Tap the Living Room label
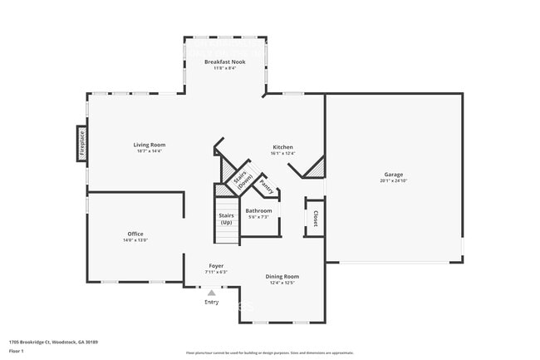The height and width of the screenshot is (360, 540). point(150,145)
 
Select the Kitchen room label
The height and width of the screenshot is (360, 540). point(282,147)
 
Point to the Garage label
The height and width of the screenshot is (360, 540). point(393,175)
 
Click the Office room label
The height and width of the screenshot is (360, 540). point(135,234)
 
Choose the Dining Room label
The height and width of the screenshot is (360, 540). point(282,276)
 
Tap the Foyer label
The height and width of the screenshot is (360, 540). point(216,266)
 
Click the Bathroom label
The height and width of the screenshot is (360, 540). point(258,210)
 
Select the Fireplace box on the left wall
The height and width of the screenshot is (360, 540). point(82,143)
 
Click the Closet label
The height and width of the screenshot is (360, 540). point(316,217)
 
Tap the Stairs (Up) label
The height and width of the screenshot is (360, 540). point(226,218)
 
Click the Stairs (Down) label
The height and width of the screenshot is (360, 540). point(241,180)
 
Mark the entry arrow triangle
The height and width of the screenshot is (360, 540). point(212,293)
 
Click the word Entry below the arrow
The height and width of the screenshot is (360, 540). point(212,302)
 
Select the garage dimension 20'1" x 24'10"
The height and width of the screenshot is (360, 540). point(393,180)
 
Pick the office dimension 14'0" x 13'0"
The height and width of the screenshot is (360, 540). point(135,240)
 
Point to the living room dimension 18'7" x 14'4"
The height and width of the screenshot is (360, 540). point(150,151)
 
